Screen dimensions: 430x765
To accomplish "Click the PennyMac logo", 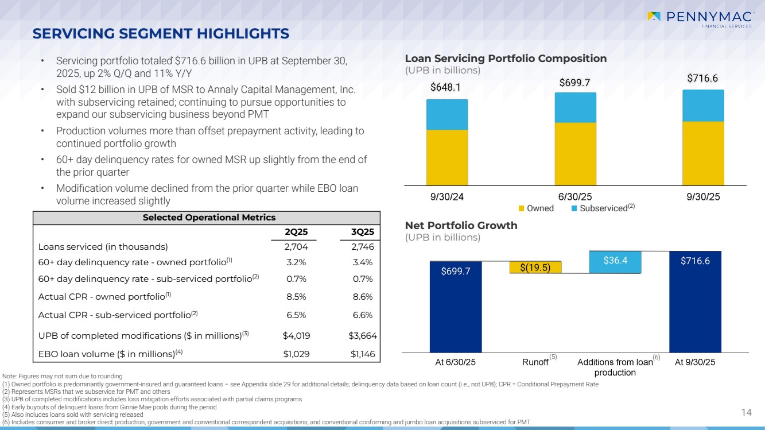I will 701,19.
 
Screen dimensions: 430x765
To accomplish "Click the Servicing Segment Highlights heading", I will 161,34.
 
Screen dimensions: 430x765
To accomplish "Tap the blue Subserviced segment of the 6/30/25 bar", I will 575,108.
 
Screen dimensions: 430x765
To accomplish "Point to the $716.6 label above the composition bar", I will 702,79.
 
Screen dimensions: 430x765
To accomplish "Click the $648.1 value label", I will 445,88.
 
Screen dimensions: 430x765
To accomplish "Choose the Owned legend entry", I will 536,208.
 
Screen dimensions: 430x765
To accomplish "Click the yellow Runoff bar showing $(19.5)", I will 535,267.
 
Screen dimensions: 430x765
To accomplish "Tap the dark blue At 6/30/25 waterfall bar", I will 456,307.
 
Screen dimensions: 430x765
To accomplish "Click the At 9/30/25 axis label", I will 695,362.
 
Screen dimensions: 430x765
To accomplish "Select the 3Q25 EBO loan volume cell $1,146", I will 362,354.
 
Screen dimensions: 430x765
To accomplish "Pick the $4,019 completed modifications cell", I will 296,336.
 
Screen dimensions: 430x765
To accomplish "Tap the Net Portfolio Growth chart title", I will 461,226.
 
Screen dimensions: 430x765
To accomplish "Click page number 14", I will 746,412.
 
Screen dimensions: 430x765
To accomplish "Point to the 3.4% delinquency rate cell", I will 363,262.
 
